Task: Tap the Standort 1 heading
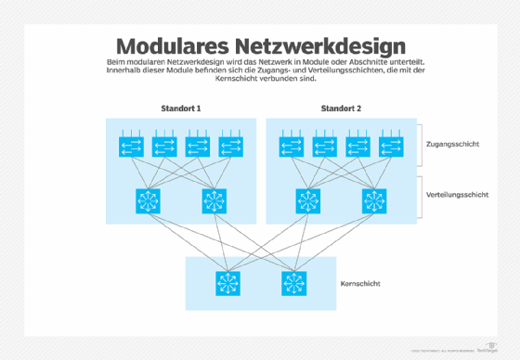tap(179, 109)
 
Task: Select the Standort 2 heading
tap(341, 109)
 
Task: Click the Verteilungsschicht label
tap(462, 195)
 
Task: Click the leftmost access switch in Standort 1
tap(131, 147)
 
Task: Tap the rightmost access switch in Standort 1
tap(228, 147)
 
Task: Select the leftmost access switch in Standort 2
tap(292, 147)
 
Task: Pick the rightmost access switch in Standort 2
tap(389, 147)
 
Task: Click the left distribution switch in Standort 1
tap(147, 200)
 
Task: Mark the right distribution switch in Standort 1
tap(213, 200)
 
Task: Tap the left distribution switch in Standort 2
tap(307, 200)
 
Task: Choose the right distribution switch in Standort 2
tap(373, 200)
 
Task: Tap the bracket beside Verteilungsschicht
tap(420, 197)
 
